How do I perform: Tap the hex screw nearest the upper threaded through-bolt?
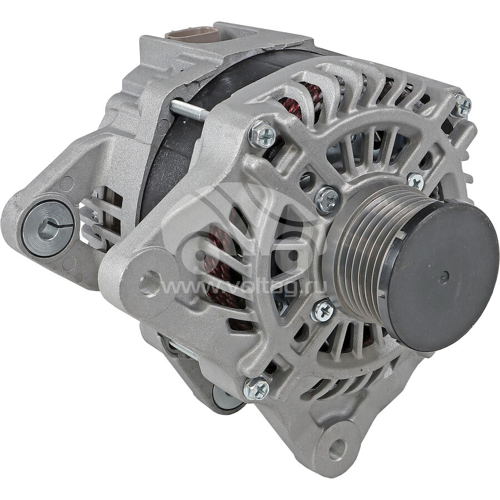point(262,134)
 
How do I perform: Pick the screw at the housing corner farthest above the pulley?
point(463,104)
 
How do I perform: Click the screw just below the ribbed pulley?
point(323,310)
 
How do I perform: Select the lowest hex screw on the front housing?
point(256,388)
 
